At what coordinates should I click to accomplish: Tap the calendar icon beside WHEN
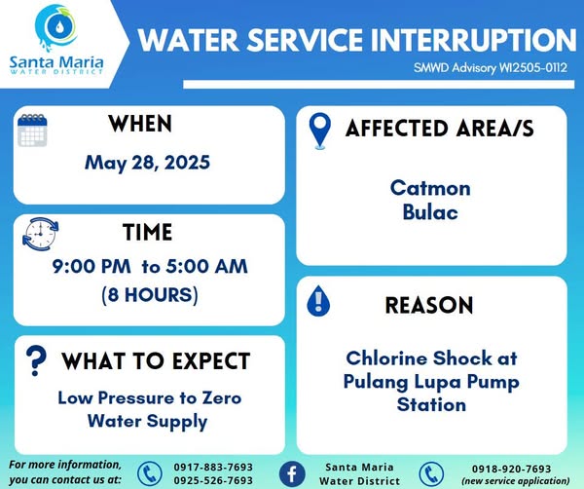point(32,131)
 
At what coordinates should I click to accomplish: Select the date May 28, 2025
point(148,163)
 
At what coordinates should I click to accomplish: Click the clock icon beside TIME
point(40,234)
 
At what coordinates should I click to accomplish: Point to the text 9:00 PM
point(91,267)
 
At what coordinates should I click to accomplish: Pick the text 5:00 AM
point(206,267)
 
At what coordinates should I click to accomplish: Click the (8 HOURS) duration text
point(150,295)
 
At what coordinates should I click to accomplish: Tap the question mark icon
point(36,360)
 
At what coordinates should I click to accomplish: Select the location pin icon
point(320,131)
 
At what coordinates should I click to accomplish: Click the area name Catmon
point(430,188)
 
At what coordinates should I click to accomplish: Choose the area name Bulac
point(430,212)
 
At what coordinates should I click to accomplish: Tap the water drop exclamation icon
point(318,301)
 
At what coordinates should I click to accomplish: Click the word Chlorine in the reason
point(386,358)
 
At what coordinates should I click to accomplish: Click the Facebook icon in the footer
point(292,474)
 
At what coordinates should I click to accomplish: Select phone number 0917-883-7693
point(213,467)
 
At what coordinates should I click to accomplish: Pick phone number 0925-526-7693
point(213,480)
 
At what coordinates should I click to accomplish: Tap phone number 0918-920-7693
point(511,469)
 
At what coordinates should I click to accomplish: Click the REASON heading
point(429,305)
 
